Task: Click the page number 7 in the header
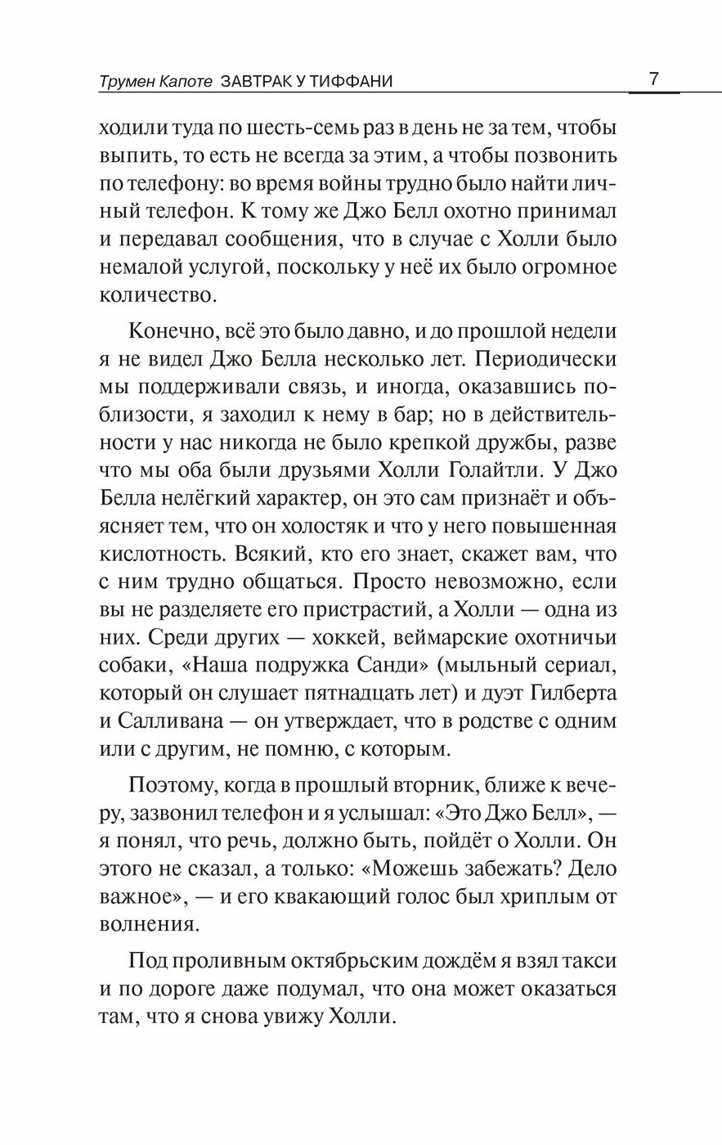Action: point(653,80)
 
